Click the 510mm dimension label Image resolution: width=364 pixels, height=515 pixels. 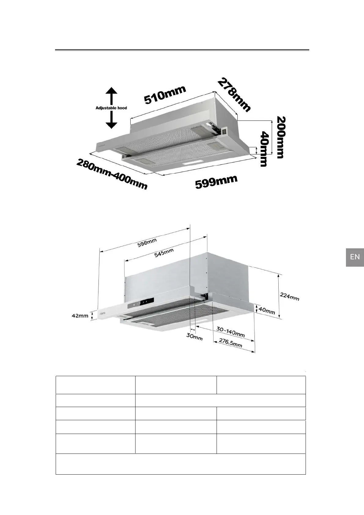[165, 94]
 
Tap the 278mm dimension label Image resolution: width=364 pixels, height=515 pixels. [234, 95]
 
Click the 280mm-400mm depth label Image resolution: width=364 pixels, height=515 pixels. [112, 174]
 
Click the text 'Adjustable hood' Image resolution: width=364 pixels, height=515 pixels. [111, 108]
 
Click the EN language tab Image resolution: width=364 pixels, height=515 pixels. [355, 257]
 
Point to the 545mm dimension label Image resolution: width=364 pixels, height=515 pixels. [164, 253]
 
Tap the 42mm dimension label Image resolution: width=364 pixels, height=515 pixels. [80, 316]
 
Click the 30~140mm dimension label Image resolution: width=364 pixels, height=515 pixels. [230, 332]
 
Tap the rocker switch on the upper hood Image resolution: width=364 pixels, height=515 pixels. [224, 132]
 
